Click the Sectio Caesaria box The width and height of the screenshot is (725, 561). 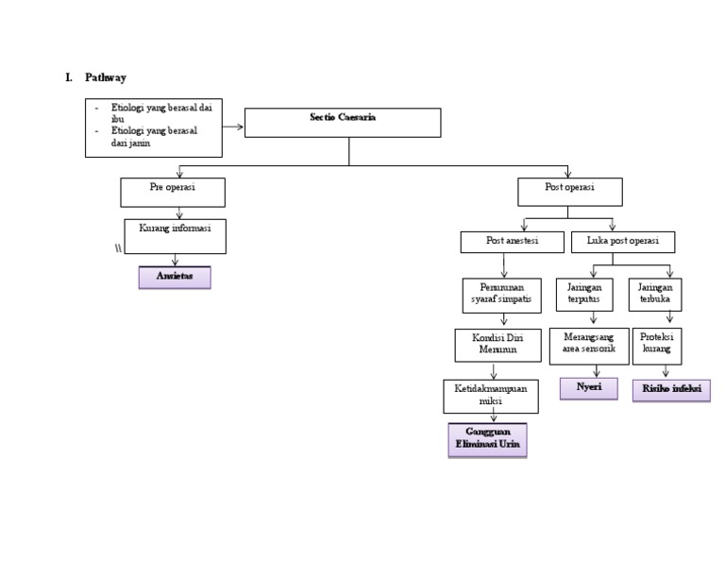[342, 123]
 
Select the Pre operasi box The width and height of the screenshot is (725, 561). [173, 192]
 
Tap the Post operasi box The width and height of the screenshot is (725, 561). [569, 192]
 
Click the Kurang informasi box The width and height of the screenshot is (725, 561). [175, 236]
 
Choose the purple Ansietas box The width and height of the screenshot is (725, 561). [175, 277]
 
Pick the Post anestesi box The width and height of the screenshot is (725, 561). [512, 242]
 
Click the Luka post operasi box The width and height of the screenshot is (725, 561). [623, 242]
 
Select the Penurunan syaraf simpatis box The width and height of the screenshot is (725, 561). [501, 295]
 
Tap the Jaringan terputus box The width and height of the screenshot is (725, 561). [583, 295]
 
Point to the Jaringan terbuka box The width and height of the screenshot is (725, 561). [655, 295]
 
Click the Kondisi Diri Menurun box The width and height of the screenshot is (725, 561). [497, 345]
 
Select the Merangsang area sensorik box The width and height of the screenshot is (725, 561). [589, 346]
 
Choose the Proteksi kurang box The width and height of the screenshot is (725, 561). [656, 346]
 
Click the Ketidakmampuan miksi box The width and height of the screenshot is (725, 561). [490, 396]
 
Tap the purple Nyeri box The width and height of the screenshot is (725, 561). [589, 388]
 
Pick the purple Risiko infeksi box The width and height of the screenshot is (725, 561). [671, 390]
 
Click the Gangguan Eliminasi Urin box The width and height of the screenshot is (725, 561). [486, 439]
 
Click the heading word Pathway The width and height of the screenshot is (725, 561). [105, 77]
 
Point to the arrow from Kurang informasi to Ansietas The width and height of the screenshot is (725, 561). [175, 260]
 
